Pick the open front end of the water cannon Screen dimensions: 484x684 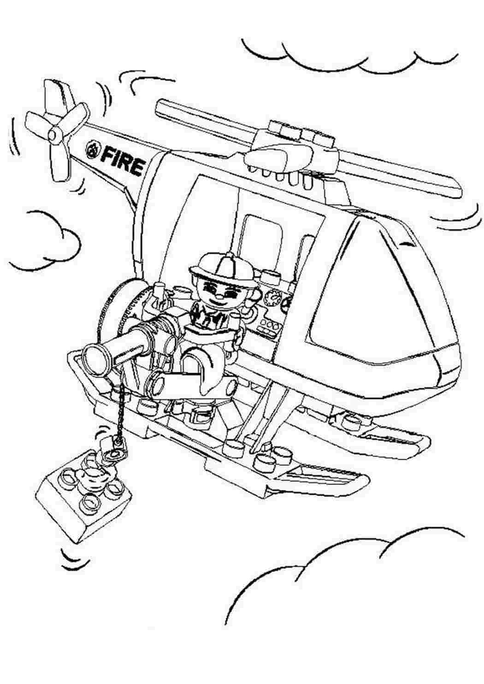96,357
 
